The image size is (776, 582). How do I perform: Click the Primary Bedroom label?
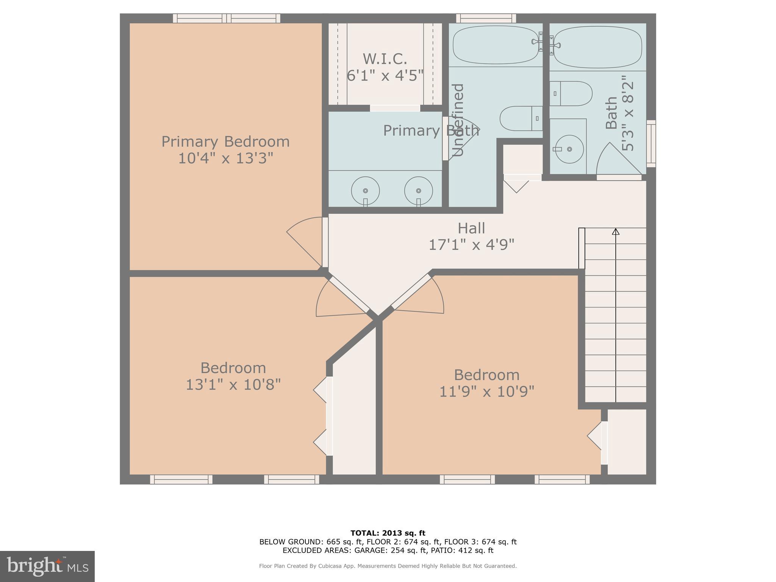pos(225,142)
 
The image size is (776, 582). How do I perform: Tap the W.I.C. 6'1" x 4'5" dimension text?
pos(385,75)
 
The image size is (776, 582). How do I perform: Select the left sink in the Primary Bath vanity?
pos(365,191)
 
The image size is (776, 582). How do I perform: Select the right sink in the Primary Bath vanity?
pos(418,191)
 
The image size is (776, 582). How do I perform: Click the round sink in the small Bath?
pos(569,149)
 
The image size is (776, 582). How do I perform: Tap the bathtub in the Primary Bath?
pos(496,45)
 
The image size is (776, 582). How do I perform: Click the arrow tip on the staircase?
pos(616,231)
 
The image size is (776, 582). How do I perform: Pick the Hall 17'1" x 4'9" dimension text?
pos(471,245)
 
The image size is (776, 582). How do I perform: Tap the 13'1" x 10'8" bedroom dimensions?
pos(233,385)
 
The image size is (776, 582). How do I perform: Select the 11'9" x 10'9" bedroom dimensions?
pos(487,391)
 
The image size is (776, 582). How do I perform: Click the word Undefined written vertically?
pos(458,120)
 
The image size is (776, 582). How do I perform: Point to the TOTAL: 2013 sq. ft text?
pos(388,533)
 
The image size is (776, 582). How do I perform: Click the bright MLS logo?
pos(47,566)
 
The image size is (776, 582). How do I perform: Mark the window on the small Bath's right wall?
pos(651,144)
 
